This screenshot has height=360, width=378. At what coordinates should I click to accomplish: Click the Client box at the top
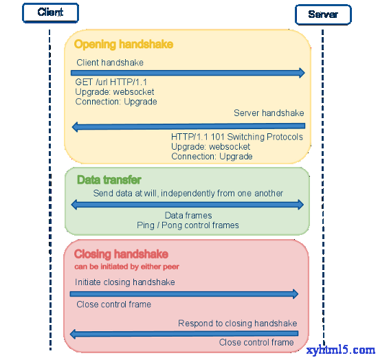pyautogui.click(x=50, y=13)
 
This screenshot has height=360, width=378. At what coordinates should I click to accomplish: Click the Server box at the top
pyautogui.click(x=323, y=14)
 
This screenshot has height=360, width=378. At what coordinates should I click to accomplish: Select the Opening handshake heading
pyautogui.click(x=124, y=45)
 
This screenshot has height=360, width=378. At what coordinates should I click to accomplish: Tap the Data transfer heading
pyautogui.click(x=109, y=180)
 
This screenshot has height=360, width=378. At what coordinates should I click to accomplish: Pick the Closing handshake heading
pyautogui.click(x=121, y=254)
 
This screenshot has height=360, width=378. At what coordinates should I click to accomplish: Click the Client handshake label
pyautogui.click(x=110, y=63)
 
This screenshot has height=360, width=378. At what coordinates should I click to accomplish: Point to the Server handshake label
pyautogui.click(x=269, y=113)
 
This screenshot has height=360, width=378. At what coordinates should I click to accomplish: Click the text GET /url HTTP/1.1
pyautogui.click(x=111, y=82)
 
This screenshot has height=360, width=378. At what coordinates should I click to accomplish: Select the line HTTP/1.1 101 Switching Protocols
pyautogui.click(x=237, y=137)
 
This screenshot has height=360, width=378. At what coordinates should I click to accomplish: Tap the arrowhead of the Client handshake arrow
pyautogui.click(x=302, y=73)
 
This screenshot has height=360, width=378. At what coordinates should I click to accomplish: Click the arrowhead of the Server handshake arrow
pyautogui.click(x=75, y=127)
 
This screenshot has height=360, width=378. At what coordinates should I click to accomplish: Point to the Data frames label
pyautogui.click(x=188, y=215)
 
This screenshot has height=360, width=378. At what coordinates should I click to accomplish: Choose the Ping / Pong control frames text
pyautogui.click(x=188, y=225)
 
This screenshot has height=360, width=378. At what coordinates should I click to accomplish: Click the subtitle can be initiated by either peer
pyautogui.click(x=127, y=267)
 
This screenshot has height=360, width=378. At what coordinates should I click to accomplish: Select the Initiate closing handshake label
pyautogui.click(x=125, y=282)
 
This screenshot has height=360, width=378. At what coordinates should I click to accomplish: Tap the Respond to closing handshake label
pyautogui.click(x=238, y=324)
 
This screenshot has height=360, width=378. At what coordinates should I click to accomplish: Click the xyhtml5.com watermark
pyautogui.click(x=341, y=350)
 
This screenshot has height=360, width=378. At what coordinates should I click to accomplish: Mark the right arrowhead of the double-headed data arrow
pyautogui.click(x=300, y=205)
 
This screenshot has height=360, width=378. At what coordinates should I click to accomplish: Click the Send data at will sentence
pyautogui.click(x=188, y=193)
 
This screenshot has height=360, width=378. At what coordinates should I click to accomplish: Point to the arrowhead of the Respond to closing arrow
pyautogui.click(x=73, y=334)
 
